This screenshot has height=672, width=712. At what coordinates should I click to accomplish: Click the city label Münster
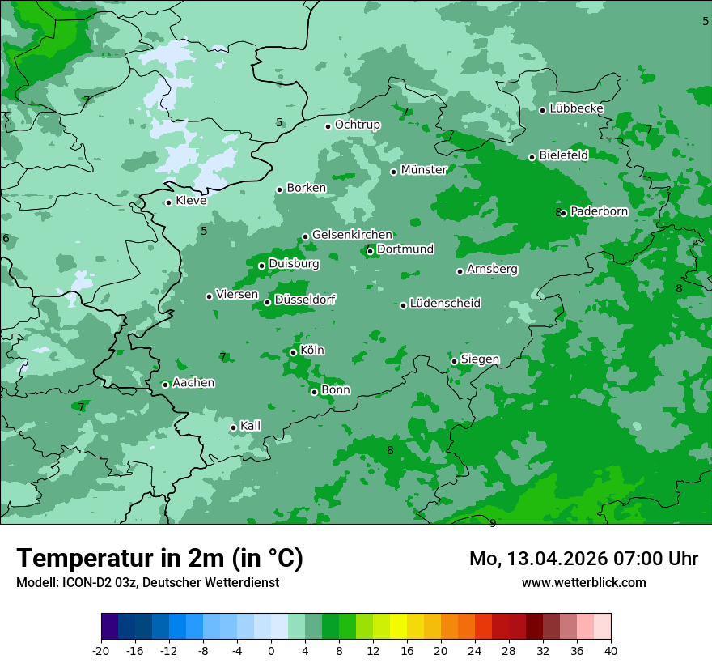coord(423,170)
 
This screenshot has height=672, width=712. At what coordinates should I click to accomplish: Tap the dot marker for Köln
coord(293,352)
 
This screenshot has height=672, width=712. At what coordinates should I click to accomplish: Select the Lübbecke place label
coord(576,108)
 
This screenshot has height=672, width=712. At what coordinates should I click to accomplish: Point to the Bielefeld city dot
coord(532,157)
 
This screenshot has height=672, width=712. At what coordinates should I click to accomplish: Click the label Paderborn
coord(599,211)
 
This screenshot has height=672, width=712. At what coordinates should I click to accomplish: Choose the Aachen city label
coord(193,383)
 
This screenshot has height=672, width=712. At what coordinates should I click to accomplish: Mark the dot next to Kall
coord(233,427)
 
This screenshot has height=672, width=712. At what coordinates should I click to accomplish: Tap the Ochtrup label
coord(357,125)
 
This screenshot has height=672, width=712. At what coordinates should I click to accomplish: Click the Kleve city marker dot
coord(168,202)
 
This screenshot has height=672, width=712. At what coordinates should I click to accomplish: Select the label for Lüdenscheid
coord(445,304)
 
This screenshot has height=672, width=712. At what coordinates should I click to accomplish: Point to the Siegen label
coord(480,359)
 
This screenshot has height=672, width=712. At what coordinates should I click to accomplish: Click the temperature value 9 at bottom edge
coord(493,523)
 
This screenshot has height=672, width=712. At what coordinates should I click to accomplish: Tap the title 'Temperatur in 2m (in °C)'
coord(159,558)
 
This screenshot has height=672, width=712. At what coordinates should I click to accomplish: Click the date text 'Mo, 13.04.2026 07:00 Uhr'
coord(583,559)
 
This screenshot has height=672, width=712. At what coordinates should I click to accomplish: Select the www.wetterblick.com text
coord(583,583)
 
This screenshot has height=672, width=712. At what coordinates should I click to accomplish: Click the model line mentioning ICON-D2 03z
coord(147,583)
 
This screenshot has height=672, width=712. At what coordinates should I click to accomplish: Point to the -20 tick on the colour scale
coord(101,651)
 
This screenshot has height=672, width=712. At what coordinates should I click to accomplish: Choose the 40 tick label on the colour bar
coord(611,651)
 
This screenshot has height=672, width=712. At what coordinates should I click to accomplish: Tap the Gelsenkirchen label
coord(352,235)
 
